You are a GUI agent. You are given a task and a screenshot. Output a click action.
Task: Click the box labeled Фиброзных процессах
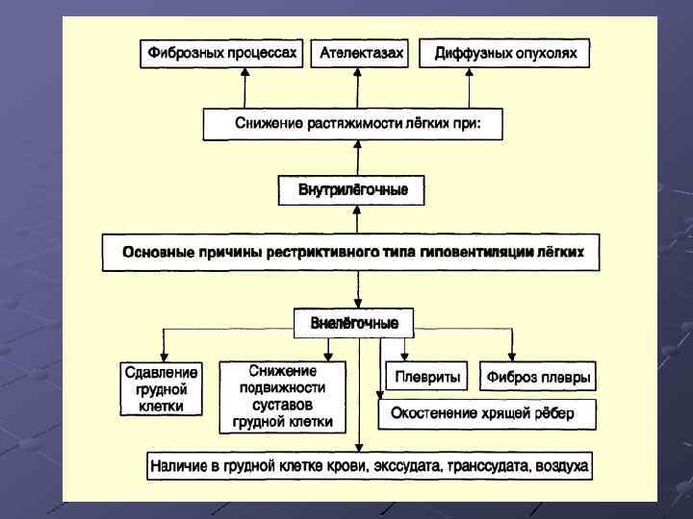pos(221,54)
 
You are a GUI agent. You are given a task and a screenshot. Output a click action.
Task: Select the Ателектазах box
pos(361,54)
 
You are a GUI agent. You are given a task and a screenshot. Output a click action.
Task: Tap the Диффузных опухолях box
pos(505,54)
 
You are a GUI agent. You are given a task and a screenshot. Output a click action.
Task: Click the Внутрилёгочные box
pos(358,190)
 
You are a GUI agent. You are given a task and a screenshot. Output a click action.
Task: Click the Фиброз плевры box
pos(539,377)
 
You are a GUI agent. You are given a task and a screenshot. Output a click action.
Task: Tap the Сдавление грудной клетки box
pos(161,389)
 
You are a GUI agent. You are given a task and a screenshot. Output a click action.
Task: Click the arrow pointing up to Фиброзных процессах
pos(244,88)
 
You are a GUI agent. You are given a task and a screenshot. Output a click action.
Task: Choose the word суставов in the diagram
pos(282,405)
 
